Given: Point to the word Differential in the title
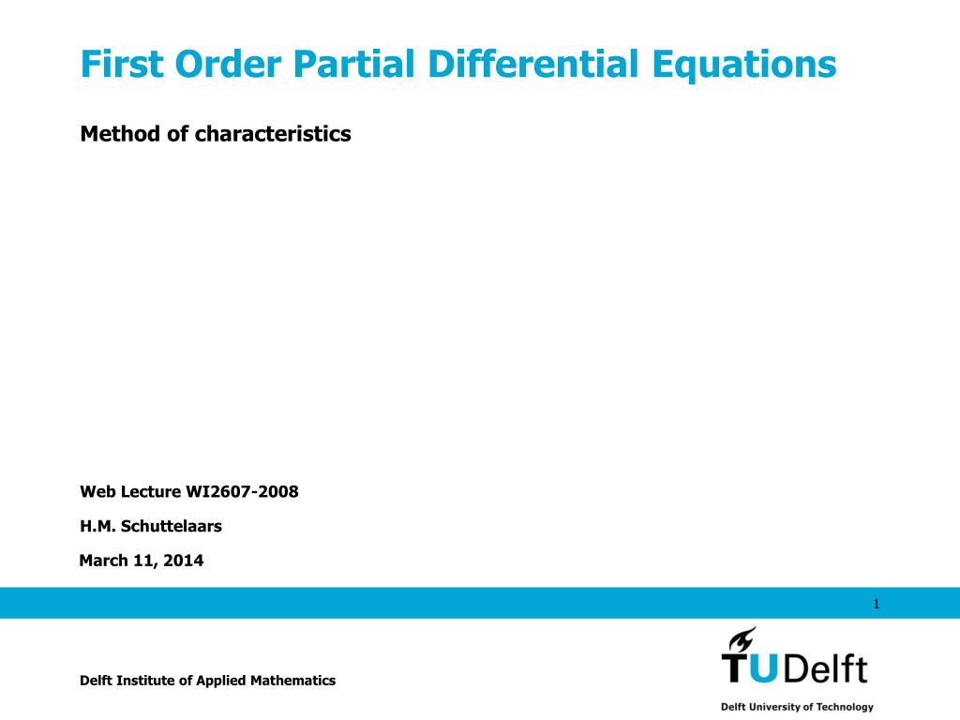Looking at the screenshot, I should click(537, 64).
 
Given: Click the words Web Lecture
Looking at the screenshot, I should click(129, 490).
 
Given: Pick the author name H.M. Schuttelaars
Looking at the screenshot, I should click(151, 526).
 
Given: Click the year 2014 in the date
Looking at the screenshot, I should click(185, 561).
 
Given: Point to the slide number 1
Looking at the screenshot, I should click(876, 604).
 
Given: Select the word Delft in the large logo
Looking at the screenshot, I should click(825, 668).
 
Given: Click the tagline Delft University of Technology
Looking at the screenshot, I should click(797, 707).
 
